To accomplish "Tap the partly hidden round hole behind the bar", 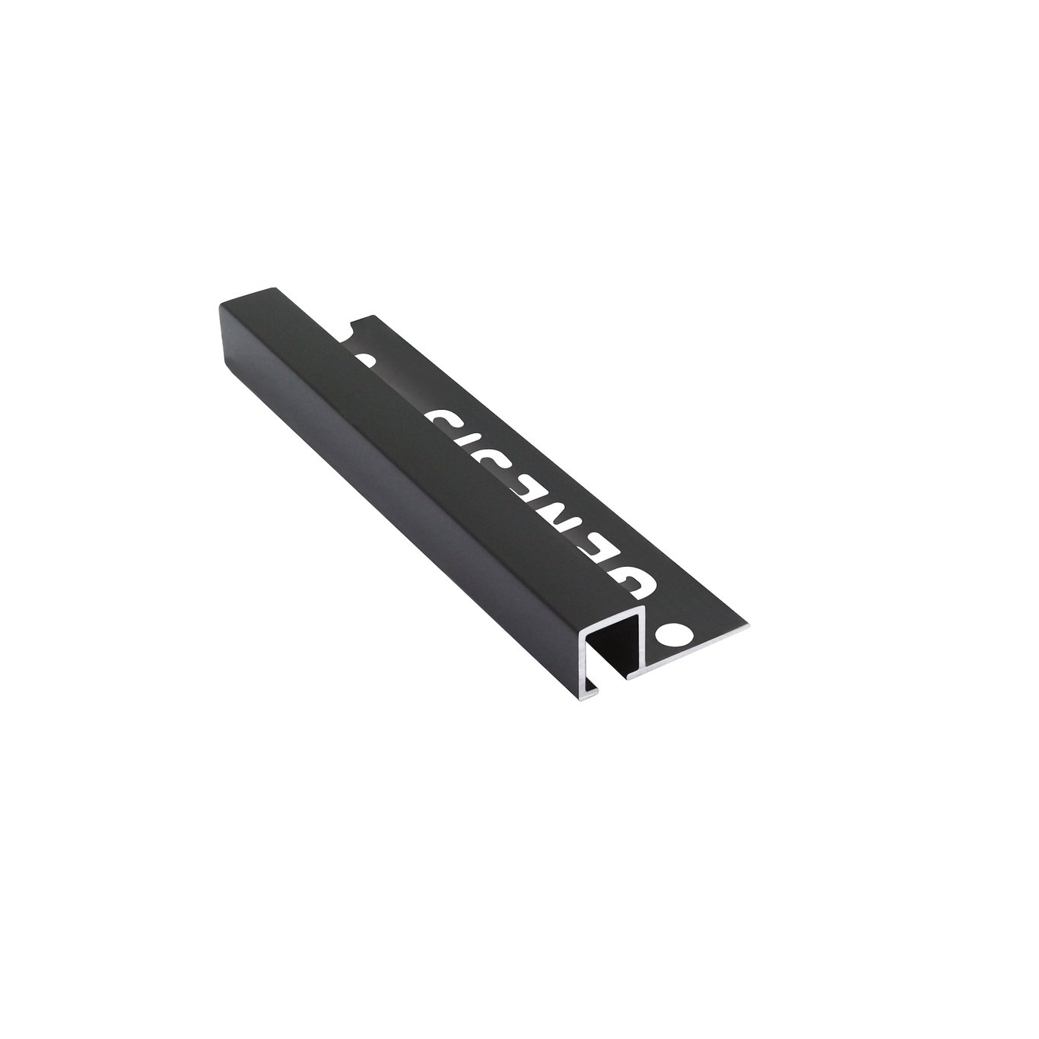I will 362,360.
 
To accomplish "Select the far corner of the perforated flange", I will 370,316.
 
